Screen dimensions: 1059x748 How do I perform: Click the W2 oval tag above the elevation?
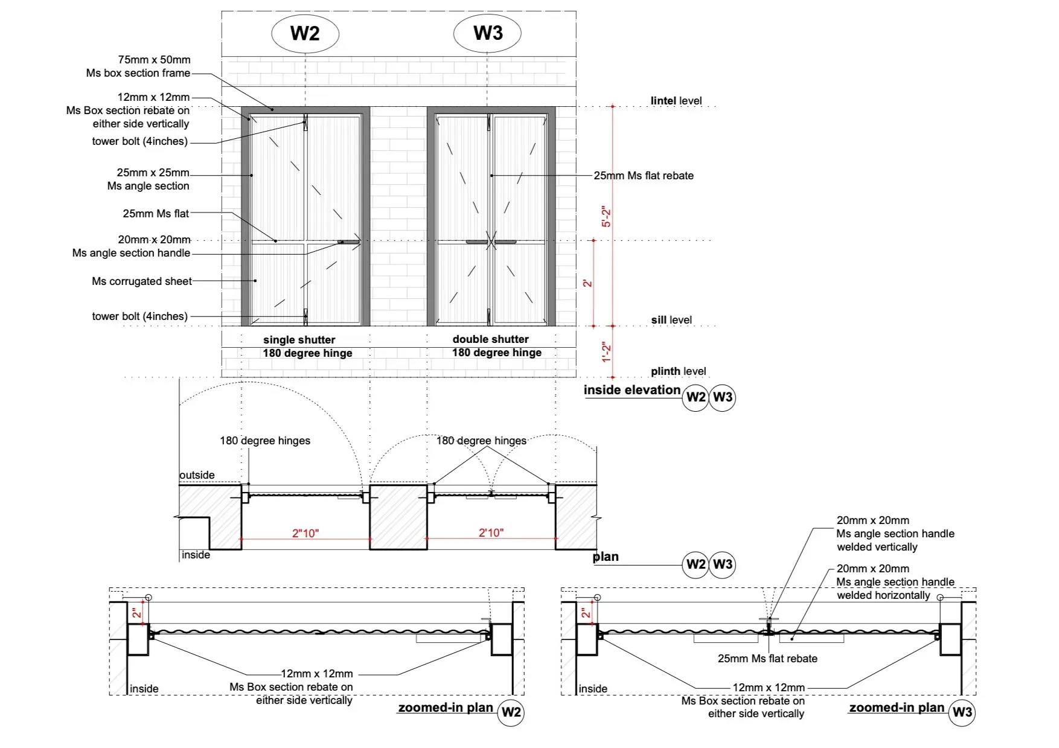[305, 33]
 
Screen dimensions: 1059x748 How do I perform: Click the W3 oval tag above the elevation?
[488, 33]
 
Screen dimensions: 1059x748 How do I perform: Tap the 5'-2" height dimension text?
[607, 217]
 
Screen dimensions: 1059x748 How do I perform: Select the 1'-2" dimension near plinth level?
[607, 352]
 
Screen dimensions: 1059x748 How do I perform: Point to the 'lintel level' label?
[676, 101]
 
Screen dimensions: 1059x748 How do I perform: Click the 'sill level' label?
[671, 320]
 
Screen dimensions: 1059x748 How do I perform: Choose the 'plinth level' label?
[678, 371]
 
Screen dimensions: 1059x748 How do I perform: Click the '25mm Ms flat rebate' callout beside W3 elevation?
[644, 176]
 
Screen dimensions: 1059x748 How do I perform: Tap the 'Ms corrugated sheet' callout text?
[142, 281]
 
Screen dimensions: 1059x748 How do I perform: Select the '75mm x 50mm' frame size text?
[154, 60]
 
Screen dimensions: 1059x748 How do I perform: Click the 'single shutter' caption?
[299, 340]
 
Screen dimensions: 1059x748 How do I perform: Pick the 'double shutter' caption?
[490, 339]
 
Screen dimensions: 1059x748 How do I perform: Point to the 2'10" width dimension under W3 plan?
[491, 532]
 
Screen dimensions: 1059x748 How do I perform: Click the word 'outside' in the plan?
[197, 475]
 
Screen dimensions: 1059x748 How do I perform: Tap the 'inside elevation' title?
[632, 390]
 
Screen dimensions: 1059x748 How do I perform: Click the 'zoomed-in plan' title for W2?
[446, 708]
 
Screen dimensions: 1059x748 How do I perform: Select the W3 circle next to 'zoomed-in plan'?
[962, 712]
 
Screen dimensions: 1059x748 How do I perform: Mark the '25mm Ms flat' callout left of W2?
[156, 214]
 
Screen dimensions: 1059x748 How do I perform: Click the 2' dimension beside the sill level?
[588, 283]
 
